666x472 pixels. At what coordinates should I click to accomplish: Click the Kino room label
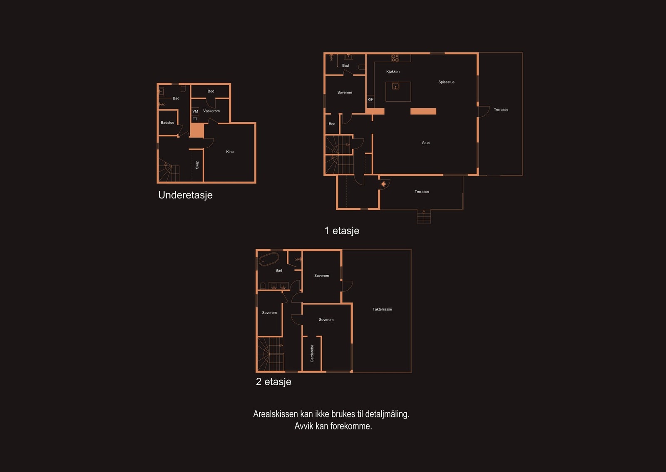tap(230, 152)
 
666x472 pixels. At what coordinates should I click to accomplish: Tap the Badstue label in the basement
tap(167, 123)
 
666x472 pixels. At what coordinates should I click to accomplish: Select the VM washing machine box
tap(195, 111)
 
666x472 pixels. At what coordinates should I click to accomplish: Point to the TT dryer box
tap(195, 119)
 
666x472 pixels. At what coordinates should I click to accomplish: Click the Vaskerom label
tap(211, 111)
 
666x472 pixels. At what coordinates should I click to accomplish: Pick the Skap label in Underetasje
tap(197, 165)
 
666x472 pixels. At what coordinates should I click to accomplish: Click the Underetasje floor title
tap(185, 195)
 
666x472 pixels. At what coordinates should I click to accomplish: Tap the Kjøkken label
tap(393, 71)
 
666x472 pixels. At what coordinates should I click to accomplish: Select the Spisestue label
tap(446, 82)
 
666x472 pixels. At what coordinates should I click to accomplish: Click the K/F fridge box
tap(370, 99)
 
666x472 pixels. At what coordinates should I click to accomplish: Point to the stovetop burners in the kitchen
tap(395, 58)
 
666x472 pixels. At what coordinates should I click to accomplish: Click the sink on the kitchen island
tap(395, 86)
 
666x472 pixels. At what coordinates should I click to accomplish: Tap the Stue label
tap(426, 143)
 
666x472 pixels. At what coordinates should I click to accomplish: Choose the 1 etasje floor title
tap(342, 231)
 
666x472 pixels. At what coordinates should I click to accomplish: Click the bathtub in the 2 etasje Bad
tap(269, 259)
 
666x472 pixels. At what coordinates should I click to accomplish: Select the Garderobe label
tap(312, 354)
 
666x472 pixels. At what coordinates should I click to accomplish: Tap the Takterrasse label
tap(382, 309)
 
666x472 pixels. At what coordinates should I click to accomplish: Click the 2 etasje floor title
tap(273, 382)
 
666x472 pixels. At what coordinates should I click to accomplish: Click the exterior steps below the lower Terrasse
tap(424, 216)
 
